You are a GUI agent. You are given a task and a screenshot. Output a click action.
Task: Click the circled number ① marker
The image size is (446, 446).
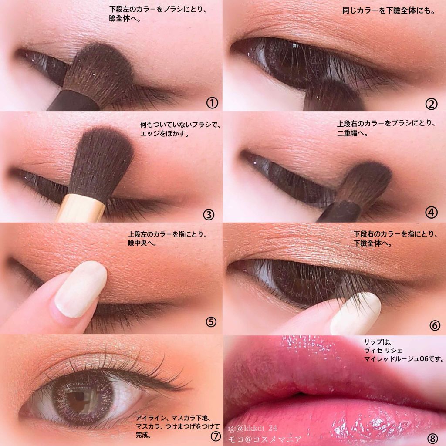tap(212, 103)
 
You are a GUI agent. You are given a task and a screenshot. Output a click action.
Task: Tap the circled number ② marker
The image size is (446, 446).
tap(431, 105)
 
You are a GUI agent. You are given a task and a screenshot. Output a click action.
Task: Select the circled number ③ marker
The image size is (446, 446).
tap(209, 215)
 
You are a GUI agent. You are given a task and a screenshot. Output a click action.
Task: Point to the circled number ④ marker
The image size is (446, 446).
tap(431, 213)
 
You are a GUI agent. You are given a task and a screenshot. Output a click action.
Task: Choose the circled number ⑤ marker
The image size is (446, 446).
tap(211, 322)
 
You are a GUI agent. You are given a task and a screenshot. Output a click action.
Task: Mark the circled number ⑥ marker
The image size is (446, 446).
tap(435, 325)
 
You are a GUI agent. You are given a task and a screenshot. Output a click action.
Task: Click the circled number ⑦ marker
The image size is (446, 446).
tap(216, 436)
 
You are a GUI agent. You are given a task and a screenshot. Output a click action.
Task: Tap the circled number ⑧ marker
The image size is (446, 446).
tap(432, 438)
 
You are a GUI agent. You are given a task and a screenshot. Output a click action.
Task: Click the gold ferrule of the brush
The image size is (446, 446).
tap(81, 208)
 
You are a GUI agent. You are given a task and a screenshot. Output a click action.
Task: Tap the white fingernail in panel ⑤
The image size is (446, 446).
tap(81, 289)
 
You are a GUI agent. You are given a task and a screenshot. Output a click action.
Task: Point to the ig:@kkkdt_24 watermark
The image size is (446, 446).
tap(252, 428)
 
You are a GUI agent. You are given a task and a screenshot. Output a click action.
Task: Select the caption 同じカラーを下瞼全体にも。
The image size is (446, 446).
tap(389, 11)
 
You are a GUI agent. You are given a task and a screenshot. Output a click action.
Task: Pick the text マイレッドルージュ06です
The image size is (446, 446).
tap(401, 359)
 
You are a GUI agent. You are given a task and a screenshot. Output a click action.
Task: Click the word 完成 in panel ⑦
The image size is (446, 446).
tap(142, 435)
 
